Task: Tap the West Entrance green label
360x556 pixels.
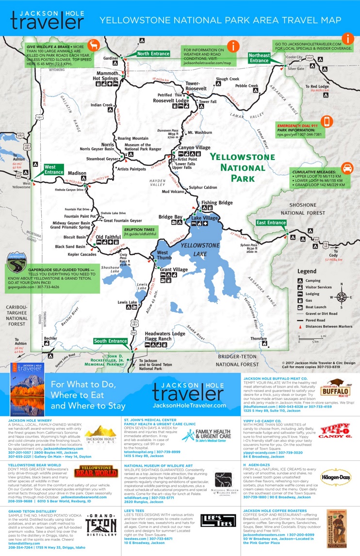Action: [54, 169]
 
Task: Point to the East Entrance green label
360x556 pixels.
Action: [271, 223]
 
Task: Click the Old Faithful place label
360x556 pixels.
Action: [108, 237]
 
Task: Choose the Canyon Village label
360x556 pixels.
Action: [195, 147]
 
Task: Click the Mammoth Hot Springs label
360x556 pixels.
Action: [105, 75]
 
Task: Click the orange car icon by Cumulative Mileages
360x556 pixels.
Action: [347, 168]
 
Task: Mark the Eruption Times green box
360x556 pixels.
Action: [140, 232]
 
